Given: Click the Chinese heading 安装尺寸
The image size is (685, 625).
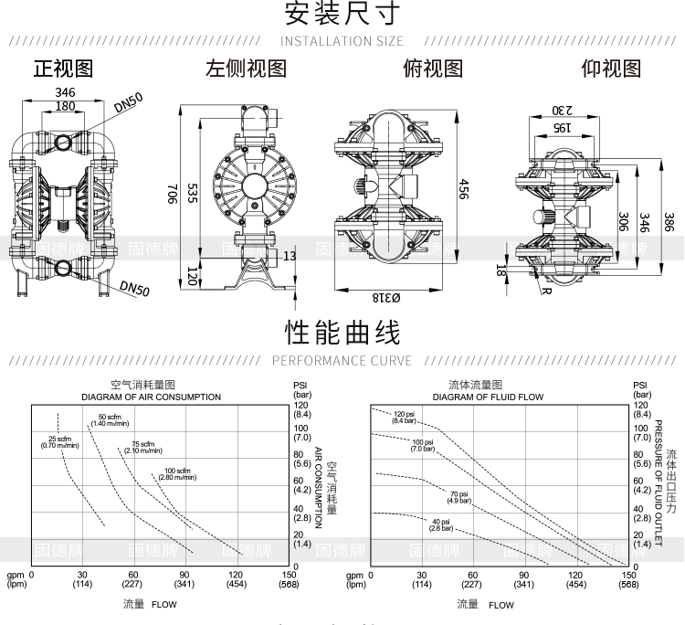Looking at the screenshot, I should (342, 14).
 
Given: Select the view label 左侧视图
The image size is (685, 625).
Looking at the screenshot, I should (246, 69).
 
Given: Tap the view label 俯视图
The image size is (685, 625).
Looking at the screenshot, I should (433, 69).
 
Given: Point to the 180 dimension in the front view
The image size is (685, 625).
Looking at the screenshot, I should (65, 106).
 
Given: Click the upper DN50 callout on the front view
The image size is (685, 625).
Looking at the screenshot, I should (129, 105).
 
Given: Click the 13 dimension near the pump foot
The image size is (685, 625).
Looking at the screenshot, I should (290, 258).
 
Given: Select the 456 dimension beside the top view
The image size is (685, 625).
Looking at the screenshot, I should (464, 190).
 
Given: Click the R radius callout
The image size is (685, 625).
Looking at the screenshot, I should (545, 291).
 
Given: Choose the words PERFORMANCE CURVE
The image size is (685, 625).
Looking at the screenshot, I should (342, 361).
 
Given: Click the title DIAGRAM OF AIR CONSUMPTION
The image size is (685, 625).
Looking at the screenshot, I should (151, 397).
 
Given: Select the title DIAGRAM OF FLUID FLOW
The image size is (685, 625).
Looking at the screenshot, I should (488, 397).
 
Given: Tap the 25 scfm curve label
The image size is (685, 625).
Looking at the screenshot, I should (60, 442).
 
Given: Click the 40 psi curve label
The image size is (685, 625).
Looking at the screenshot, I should (441, 524).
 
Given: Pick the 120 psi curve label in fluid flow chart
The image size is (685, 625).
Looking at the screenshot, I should (405, 418).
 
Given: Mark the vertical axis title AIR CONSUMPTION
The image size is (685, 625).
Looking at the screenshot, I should (319, 488).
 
